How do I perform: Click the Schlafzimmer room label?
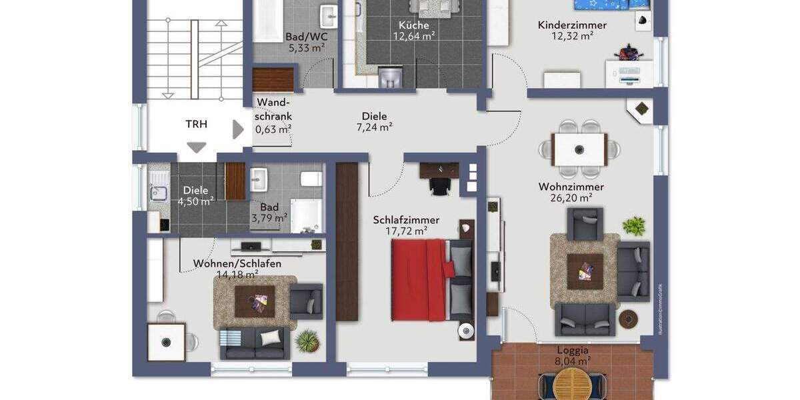406,220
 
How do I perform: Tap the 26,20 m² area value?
571,198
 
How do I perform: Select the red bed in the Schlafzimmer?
419,279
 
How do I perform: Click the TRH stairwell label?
196,124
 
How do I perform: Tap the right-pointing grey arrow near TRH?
238,129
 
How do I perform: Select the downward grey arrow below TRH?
197,147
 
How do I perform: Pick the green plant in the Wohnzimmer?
634,225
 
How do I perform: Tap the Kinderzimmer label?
572,25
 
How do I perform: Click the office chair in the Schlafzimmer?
439,186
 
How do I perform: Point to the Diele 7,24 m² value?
374,127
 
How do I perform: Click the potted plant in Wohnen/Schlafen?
307,341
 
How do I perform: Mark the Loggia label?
573,350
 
